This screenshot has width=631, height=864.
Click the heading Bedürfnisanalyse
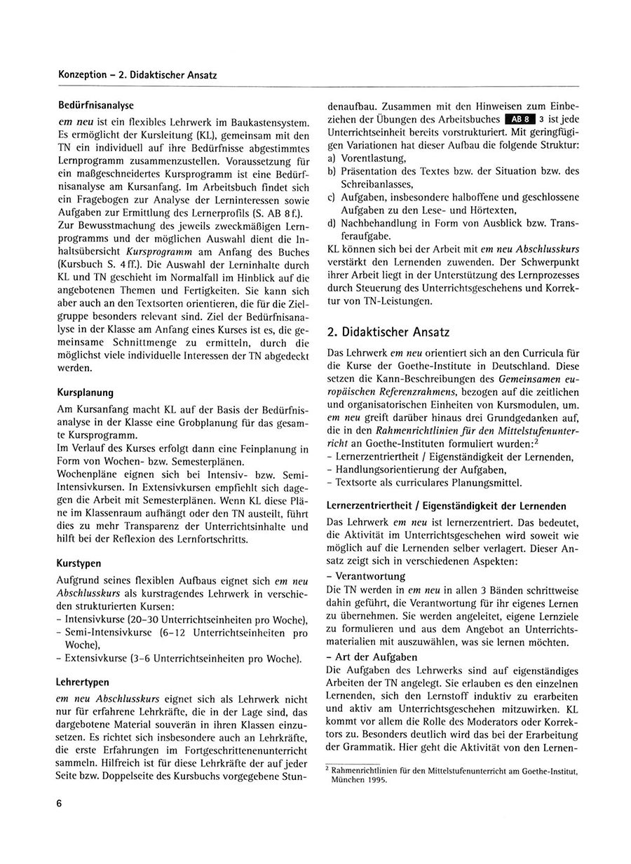97,105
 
